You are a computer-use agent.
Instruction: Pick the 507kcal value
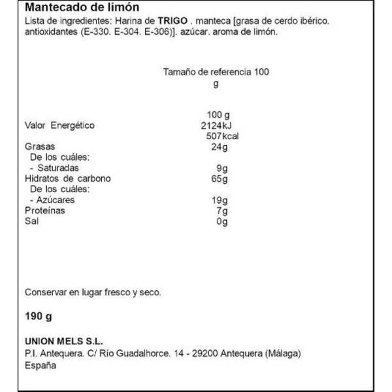[216, 137]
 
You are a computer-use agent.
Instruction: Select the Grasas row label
[39, 147]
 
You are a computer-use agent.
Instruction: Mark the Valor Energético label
[59, 126]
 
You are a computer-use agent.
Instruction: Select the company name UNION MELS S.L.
[64, 342]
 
